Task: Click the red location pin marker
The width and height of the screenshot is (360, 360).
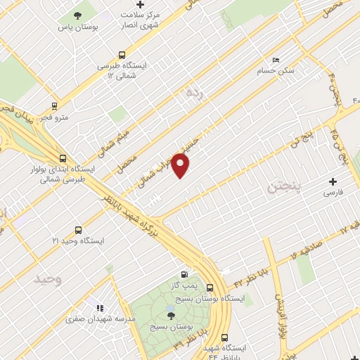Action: point(181,165)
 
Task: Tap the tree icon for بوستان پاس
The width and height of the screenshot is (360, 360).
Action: point(77,15)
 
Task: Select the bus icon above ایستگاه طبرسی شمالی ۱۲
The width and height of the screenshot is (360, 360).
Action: point(122,54)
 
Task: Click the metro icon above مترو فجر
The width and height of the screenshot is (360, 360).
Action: point(54,106)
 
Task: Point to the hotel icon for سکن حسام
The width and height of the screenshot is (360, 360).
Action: point(275,60)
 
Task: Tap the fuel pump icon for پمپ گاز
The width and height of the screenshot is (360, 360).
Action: point(184,274)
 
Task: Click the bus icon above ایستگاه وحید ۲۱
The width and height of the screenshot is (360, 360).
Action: point(77,229)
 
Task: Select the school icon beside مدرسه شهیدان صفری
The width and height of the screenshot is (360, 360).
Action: point(99,308)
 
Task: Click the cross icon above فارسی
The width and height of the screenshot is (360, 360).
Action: point(333,181)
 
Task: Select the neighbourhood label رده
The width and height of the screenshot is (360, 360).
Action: point(193,92)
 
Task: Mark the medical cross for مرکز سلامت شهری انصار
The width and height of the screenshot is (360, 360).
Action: point(141,5)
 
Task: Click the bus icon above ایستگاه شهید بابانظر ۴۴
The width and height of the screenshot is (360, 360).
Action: point(224,337)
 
